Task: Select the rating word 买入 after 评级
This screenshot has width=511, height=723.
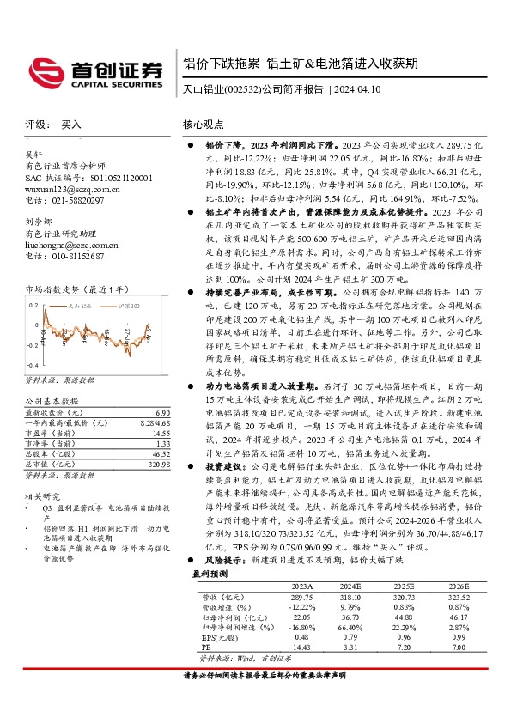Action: tap(71, 125)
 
